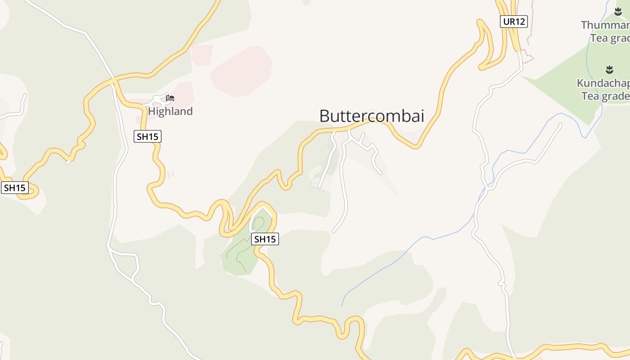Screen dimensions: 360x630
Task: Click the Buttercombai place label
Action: (x=372, y=116)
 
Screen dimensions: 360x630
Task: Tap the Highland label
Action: (x=170, y=111)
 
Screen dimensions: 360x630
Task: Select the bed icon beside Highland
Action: (x=170, y=98)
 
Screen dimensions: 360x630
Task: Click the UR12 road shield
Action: (x=513, y=21)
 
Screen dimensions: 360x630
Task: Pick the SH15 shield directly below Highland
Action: (x=148, y=136)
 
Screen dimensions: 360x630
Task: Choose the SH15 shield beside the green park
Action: (x=265, y=239)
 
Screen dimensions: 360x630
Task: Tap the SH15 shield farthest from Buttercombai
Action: (x=15, y=188)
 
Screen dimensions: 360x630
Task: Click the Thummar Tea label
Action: (x=605, y=31)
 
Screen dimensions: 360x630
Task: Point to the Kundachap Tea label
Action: (x=603, y=90)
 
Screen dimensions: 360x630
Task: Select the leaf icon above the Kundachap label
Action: (x=609, y=69)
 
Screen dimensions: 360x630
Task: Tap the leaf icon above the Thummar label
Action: (x=618, y=12)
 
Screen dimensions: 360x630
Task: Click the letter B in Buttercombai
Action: (x=324, y=116)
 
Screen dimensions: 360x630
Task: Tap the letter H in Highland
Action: (x=152, y=111)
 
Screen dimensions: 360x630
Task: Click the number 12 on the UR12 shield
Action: (x=520, y=21)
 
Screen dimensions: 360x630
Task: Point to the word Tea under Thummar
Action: (x=599, y=38)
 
